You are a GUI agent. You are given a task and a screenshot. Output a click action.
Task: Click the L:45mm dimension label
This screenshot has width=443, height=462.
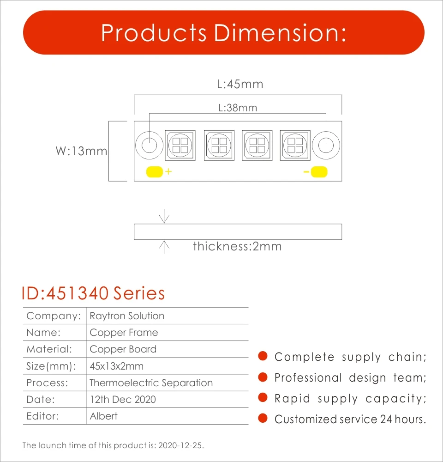240,85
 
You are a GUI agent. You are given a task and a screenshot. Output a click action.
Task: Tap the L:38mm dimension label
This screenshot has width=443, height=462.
238,108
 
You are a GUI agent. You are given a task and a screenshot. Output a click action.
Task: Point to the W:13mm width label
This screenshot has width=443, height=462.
81,151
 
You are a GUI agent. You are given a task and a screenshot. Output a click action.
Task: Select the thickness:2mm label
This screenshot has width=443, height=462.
237,246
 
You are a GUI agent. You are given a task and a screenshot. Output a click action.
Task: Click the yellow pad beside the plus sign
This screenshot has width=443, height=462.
154,172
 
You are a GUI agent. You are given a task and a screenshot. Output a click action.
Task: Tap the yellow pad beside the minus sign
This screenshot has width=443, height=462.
319,172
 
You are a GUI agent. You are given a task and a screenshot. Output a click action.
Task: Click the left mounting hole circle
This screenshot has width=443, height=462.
149,146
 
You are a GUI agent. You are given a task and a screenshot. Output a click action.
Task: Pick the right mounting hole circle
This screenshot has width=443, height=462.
326,146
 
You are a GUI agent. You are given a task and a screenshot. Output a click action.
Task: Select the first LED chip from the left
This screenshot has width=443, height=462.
180,146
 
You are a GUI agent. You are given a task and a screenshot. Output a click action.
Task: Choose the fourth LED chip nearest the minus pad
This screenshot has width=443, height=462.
294,146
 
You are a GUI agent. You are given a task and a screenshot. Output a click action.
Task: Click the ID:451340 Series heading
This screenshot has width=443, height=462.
93,293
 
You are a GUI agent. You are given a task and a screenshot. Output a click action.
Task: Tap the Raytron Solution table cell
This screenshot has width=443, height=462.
127,316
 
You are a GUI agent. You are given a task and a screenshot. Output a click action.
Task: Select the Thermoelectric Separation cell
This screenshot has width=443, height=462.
151,383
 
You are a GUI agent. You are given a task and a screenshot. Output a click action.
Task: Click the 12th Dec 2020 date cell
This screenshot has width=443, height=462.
123,399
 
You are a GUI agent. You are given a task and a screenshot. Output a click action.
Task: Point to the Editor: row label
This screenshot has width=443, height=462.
42,416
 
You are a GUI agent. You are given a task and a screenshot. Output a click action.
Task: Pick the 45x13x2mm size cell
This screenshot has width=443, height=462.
116,366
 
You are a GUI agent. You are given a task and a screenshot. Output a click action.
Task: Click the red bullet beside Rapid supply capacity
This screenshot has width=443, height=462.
263,397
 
